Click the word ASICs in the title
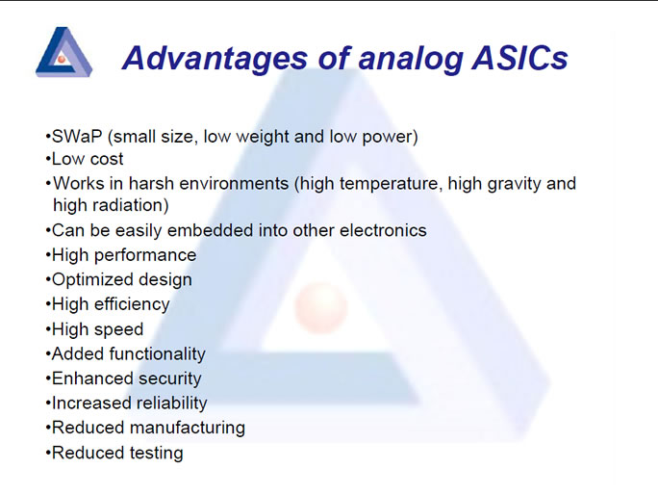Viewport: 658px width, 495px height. pyautogui.click(x=519, y=58)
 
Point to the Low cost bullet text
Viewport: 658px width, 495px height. pyautogui.click(x=88, y=159)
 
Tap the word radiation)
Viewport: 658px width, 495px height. pyautogui.click(x=131, y=205)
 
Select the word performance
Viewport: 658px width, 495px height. pyautogui.click(x=145, y=256)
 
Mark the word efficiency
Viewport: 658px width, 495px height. pyautogui.click(x=132, y=304)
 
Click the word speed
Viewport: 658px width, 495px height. pyautogui.click(x=119, y=330)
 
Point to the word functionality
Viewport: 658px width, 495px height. pyautogui.click(x=158, y=354)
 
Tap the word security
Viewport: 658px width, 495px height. pyautogui.click(x=170, y=379)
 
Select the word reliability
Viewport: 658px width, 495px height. pyautogui.click(x=168, y=404)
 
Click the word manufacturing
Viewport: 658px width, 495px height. pyautogui.click(x=188, y=428)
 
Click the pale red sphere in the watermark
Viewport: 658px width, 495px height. pyautogui.click(x=321, y=307)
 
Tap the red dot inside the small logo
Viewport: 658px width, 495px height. pyautogui.click(x=62, y=60)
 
